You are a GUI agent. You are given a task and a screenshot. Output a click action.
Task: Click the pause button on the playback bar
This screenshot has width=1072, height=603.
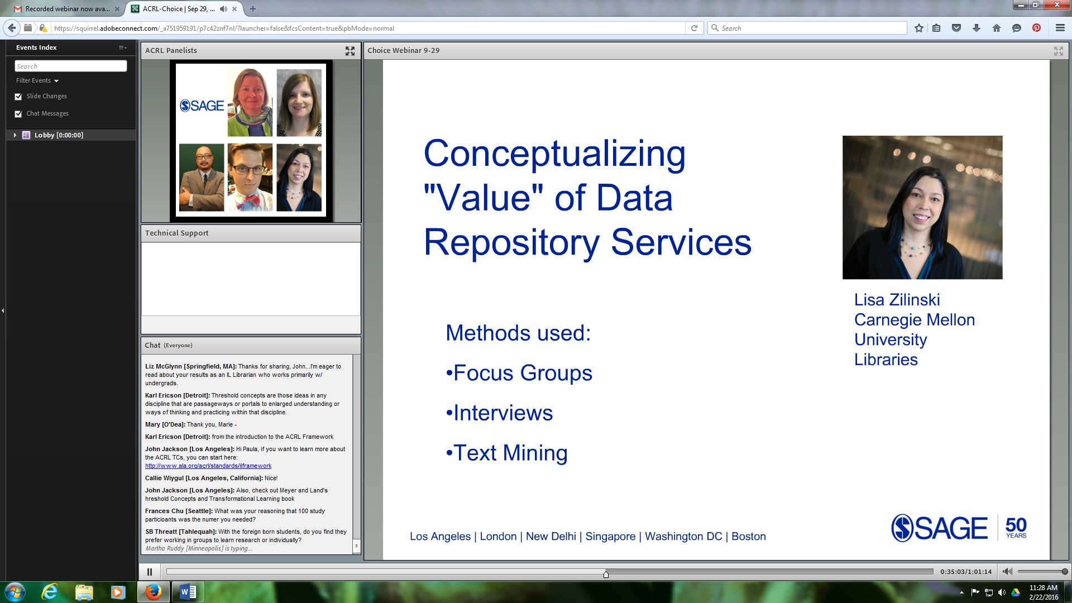click(x=150, y=572)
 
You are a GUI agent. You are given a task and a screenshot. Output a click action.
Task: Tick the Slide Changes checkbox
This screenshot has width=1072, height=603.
click(x=18, y=97)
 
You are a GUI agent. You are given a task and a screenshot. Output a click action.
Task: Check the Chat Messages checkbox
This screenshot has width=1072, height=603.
click(x=18, y=114)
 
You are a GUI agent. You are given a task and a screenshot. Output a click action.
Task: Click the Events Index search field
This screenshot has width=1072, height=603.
click(x=71, y=66)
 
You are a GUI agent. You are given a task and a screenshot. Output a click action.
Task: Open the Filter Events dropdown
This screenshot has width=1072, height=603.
click(x=37, y=80)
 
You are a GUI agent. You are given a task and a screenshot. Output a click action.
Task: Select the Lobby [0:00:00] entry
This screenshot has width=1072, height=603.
click(x=59, y=135)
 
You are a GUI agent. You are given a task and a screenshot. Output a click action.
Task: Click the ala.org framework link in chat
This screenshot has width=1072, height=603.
click(x=208, y=466)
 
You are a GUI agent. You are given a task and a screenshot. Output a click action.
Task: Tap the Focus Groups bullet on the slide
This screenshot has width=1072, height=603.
click(x=519, y=373)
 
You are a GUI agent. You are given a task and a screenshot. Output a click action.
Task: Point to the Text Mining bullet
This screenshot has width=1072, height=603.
click(x=507, y=453)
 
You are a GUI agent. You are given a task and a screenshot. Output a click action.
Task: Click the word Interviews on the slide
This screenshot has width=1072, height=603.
click(x=503, y=413)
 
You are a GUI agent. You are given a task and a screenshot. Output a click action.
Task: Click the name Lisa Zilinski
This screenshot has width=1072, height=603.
click(x=897, y=300)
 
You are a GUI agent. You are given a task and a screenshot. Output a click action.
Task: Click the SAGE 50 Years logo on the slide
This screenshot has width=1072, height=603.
click(x=959, y=528)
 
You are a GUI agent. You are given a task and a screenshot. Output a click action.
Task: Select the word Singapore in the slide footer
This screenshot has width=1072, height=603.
click(x=610, y=537)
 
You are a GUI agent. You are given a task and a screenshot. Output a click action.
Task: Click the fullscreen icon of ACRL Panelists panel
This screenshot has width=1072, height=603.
click(x=350, y=51)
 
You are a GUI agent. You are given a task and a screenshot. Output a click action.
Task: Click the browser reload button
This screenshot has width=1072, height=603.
click(x=694, y=28)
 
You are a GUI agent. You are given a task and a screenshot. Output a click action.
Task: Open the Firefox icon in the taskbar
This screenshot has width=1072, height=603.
click(x=153, y=592)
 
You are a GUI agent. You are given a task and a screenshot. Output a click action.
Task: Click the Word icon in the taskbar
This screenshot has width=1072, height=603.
click(x=188, y=592)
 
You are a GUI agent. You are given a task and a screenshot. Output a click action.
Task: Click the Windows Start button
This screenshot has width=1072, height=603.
click(x=15, y=592)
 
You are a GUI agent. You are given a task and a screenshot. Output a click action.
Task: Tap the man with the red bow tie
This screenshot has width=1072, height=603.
click(x=250, y=177)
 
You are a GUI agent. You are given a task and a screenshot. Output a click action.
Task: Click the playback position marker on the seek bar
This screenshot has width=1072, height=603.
click(x=606, y=574)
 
